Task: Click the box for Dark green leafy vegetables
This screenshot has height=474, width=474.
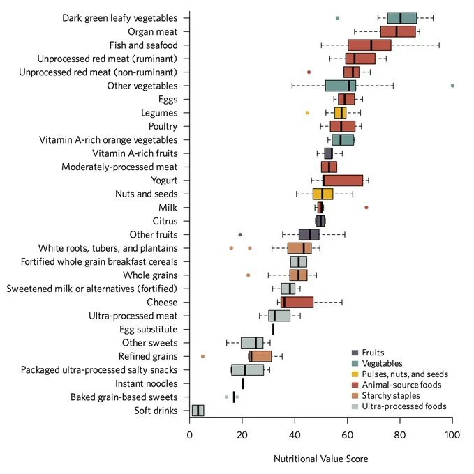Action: click(x=401, y=18)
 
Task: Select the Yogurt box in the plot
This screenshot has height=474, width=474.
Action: click(x=343, y=181)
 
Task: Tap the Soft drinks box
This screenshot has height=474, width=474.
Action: click(x=198, y=411)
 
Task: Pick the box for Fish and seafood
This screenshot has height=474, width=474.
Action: click(x=369, y=45)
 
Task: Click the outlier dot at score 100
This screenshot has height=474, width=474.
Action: click(x=452, y=86)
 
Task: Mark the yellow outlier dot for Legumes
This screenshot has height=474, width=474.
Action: click(x=307, y=113)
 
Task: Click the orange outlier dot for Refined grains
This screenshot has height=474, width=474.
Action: click(x=203, y=356)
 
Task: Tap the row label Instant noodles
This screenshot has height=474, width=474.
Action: click(x=147, y=383)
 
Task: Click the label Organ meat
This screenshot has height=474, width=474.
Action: click(x=153, y=31)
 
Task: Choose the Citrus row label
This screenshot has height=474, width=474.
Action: click(x=164, y=221)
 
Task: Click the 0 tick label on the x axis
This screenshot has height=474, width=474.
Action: click(x=190, y=437)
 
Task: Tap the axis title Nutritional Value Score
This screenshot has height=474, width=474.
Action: click(x=321, y=459)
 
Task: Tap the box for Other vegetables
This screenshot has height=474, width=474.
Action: click(x=341, y=86)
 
